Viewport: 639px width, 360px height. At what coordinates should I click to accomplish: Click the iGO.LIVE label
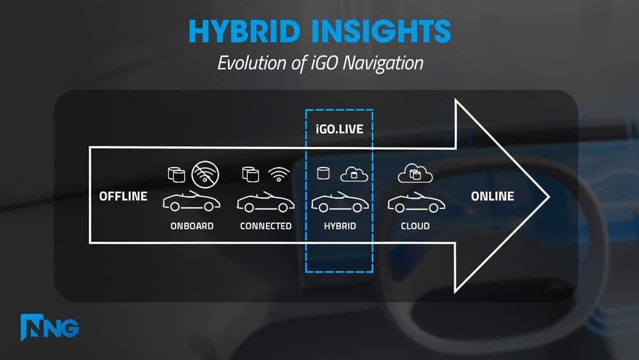coord(339,129)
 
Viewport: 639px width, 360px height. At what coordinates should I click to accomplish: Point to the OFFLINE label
coord(123,196)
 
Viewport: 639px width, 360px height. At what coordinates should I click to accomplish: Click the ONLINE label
coord(492,196)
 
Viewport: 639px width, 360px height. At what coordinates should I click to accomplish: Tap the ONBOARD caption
coord(192,226)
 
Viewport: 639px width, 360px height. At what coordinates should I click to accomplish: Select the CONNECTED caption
coord(266,226)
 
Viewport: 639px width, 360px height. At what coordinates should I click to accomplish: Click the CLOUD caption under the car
coord(415,226)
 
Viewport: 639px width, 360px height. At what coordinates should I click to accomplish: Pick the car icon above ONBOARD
coord(192,202)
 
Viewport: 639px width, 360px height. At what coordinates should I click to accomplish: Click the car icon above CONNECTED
coord(266,202)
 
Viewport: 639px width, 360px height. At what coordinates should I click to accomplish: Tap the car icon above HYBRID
coord(339,202)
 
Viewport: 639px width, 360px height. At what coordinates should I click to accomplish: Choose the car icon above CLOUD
coord(415,202)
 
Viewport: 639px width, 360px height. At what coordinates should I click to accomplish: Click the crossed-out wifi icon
coord(205,173)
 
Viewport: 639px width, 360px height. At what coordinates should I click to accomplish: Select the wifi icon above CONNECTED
coord(279,173)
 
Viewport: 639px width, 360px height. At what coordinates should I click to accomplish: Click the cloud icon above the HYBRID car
coord(352,173)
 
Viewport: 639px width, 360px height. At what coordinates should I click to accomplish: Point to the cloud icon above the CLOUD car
coord(415,173)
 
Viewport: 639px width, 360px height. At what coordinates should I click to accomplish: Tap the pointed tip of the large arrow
coord(548,196)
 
